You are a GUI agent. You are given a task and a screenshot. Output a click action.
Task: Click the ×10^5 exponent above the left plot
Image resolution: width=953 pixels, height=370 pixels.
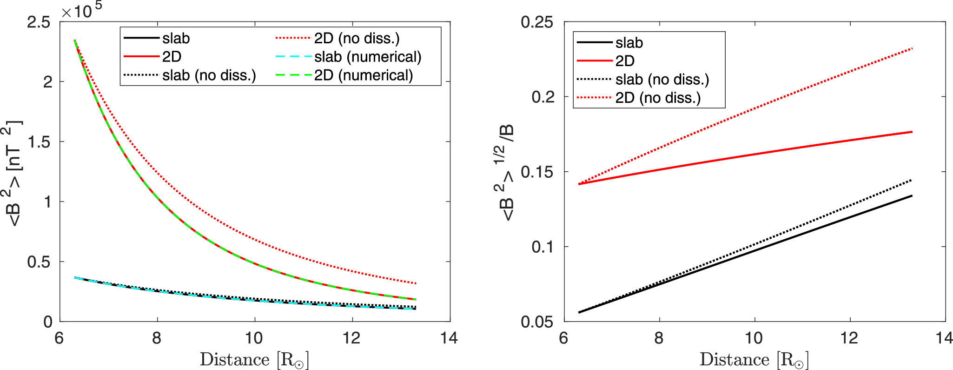tap(81, 10)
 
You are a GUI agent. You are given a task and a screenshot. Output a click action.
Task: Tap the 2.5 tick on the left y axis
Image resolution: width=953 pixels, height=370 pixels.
tap(39, 22)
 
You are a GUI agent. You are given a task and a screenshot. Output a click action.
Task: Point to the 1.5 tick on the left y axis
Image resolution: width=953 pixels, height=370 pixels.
tap(39, 141)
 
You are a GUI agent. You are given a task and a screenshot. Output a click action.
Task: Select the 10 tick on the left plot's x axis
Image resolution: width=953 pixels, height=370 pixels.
tap(254, 338)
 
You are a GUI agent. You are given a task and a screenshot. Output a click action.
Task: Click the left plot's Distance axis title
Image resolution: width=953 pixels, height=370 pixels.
tap(254, 360)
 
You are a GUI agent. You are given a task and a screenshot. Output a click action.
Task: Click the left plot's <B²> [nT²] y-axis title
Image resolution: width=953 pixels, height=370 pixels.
tap(15, 173)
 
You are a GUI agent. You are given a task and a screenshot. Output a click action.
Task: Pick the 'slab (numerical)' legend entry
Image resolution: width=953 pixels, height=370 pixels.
tap(367, 57)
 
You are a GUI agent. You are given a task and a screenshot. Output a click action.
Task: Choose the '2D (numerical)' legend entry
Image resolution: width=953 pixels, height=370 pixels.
tap(363, 75)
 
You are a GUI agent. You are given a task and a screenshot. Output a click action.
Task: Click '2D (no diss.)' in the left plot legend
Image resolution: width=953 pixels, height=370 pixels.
tap(357, 38)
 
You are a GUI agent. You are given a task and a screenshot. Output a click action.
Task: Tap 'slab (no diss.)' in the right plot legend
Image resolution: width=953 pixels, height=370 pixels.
tap(662, 80)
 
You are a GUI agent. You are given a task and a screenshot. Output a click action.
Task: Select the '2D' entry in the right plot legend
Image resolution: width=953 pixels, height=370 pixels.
tap(625, 61)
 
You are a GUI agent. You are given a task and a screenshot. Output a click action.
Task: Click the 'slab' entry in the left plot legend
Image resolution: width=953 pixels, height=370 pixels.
tap(176, 38)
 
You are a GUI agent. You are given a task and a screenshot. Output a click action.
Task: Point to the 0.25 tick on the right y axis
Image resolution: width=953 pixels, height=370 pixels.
tap(537, 22)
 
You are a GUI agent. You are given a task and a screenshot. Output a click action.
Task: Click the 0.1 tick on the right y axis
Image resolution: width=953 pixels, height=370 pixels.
tap(542, 247)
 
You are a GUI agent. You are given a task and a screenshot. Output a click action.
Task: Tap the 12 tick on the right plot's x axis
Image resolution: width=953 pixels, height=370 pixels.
tap(849, 338)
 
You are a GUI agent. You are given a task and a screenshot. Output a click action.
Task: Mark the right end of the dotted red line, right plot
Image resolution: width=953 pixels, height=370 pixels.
tap(912, 48)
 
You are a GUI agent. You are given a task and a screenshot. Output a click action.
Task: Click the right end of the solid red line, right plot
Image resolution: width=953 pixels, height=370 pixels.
tap(912, 132)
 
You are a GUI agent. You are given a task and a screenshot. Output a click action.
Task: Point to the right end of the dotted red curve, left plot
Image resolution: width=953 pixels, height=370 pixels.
tap(416, 283)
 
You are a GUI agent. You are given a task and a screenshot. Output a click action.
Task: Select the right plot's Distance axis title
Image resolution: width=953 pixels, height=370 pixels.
tap(754, 360)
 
